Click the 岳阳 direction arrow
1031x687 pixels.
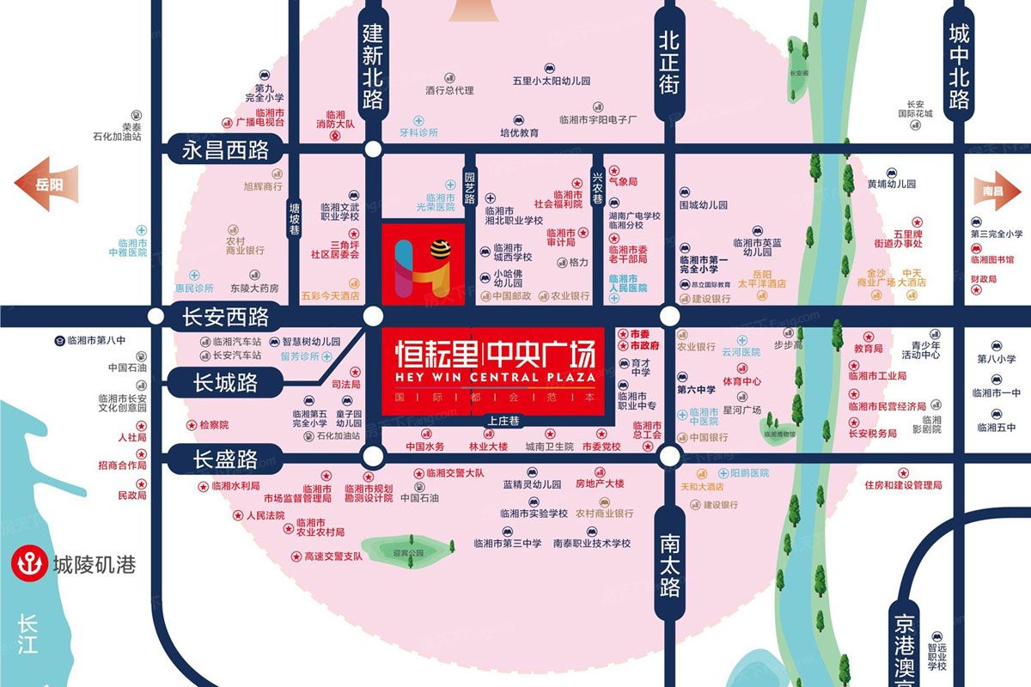click(x=46, y=183)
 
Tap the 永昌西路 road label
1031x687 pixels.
click(x=225, y=150)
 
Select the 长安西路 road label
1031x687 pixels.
click(x=225, y=318)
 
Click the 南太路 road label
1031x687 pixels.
click(x=669, y=562)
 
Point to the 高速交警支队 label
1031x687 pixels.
click(x=333, y=556)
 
